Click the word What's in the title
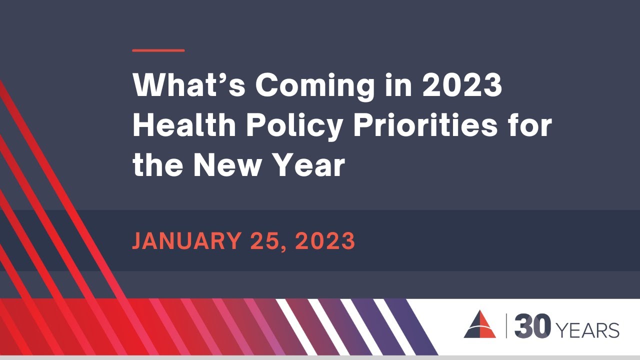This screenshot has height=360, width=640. [x=189, y=85]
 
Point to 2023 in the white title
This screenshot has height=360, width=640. [x=462, y=85]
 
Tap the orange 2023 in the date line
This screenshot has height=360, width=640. [x=325, y=241]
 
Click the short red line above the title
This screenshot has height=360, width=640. [x=158, y=50]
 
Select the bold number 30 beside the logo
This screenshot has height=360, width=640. [x=532, y=327]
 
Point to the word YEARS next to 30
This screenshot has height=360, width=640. [x=587, y=330]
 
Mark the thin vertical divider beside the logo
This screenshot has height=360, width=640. [x=506, y=326]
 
